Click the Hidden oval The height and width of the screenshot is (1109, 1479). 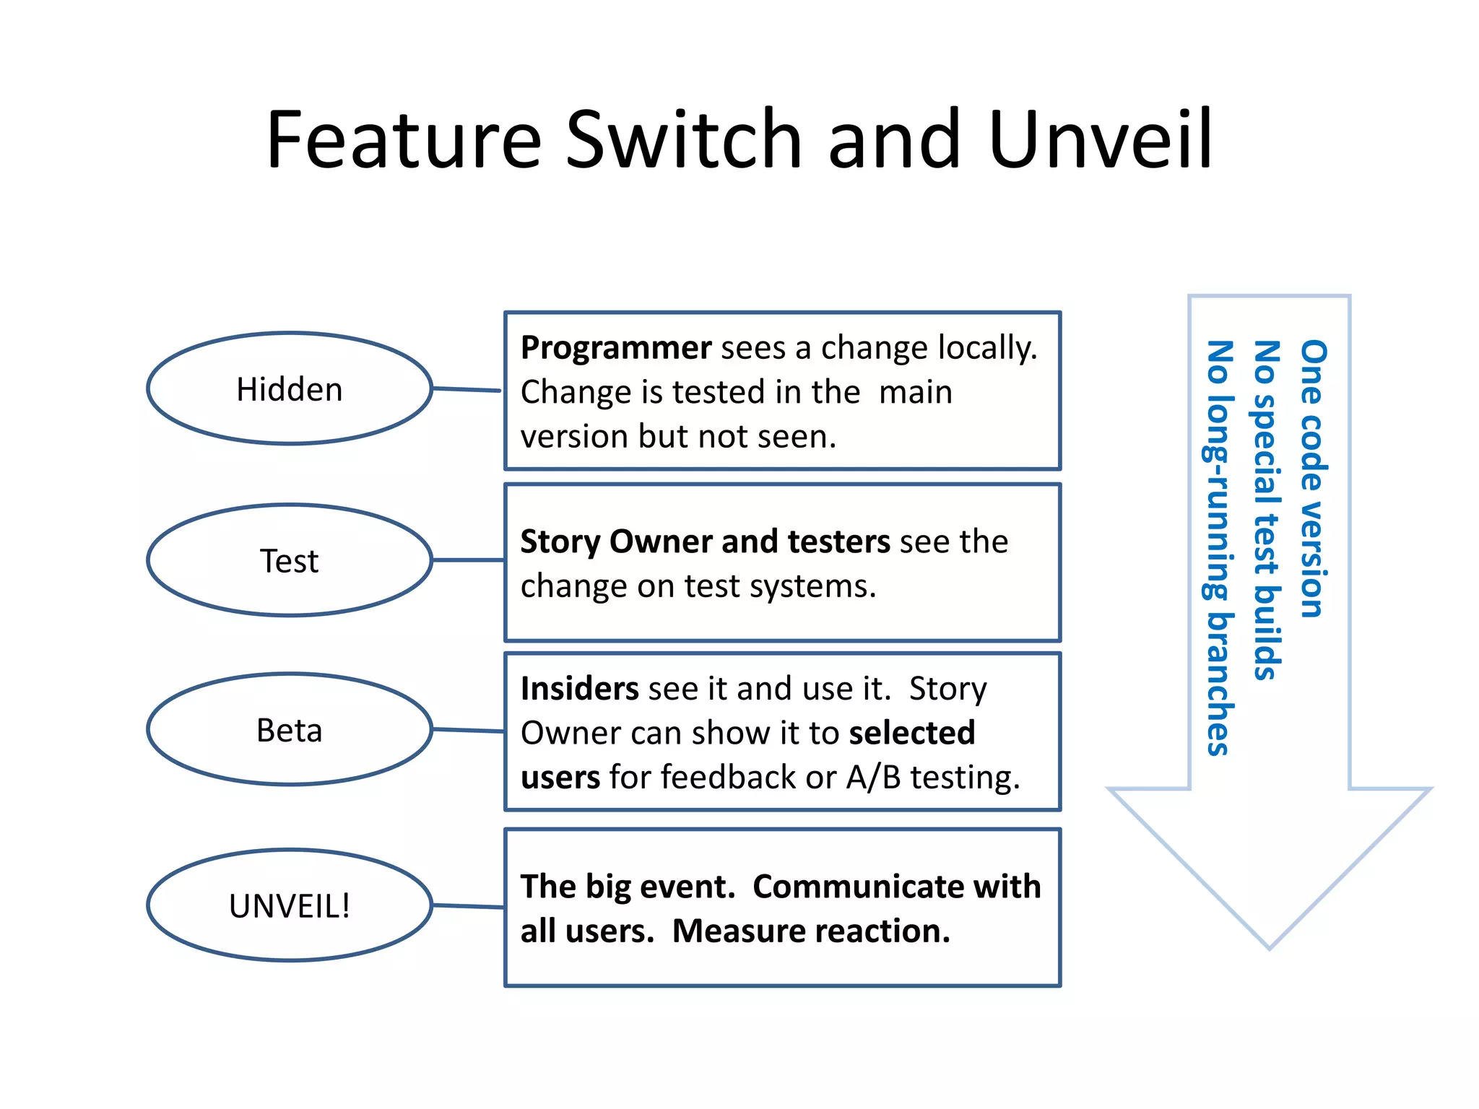(290, 389)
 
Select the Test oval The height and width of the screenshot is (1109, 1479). (290, 561)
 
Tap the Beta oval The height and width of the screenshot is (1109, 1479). (290, 730)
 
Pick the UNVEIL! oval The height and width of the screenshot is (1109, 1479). (290, 905)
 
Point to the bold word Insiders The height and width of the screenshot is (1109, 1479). (579, 689)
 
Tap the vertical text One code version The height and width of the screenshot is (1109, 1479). (1314, 478)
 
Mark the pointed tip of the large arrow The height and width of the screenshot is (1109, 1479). (1269, 947)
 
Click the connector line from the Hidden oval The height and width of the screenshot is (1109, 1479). (467, 390)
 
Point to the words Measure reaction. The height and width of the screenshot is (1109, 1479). (811, 931)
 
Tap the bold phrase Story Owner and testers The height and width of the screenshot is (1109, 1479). (705, 542)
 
